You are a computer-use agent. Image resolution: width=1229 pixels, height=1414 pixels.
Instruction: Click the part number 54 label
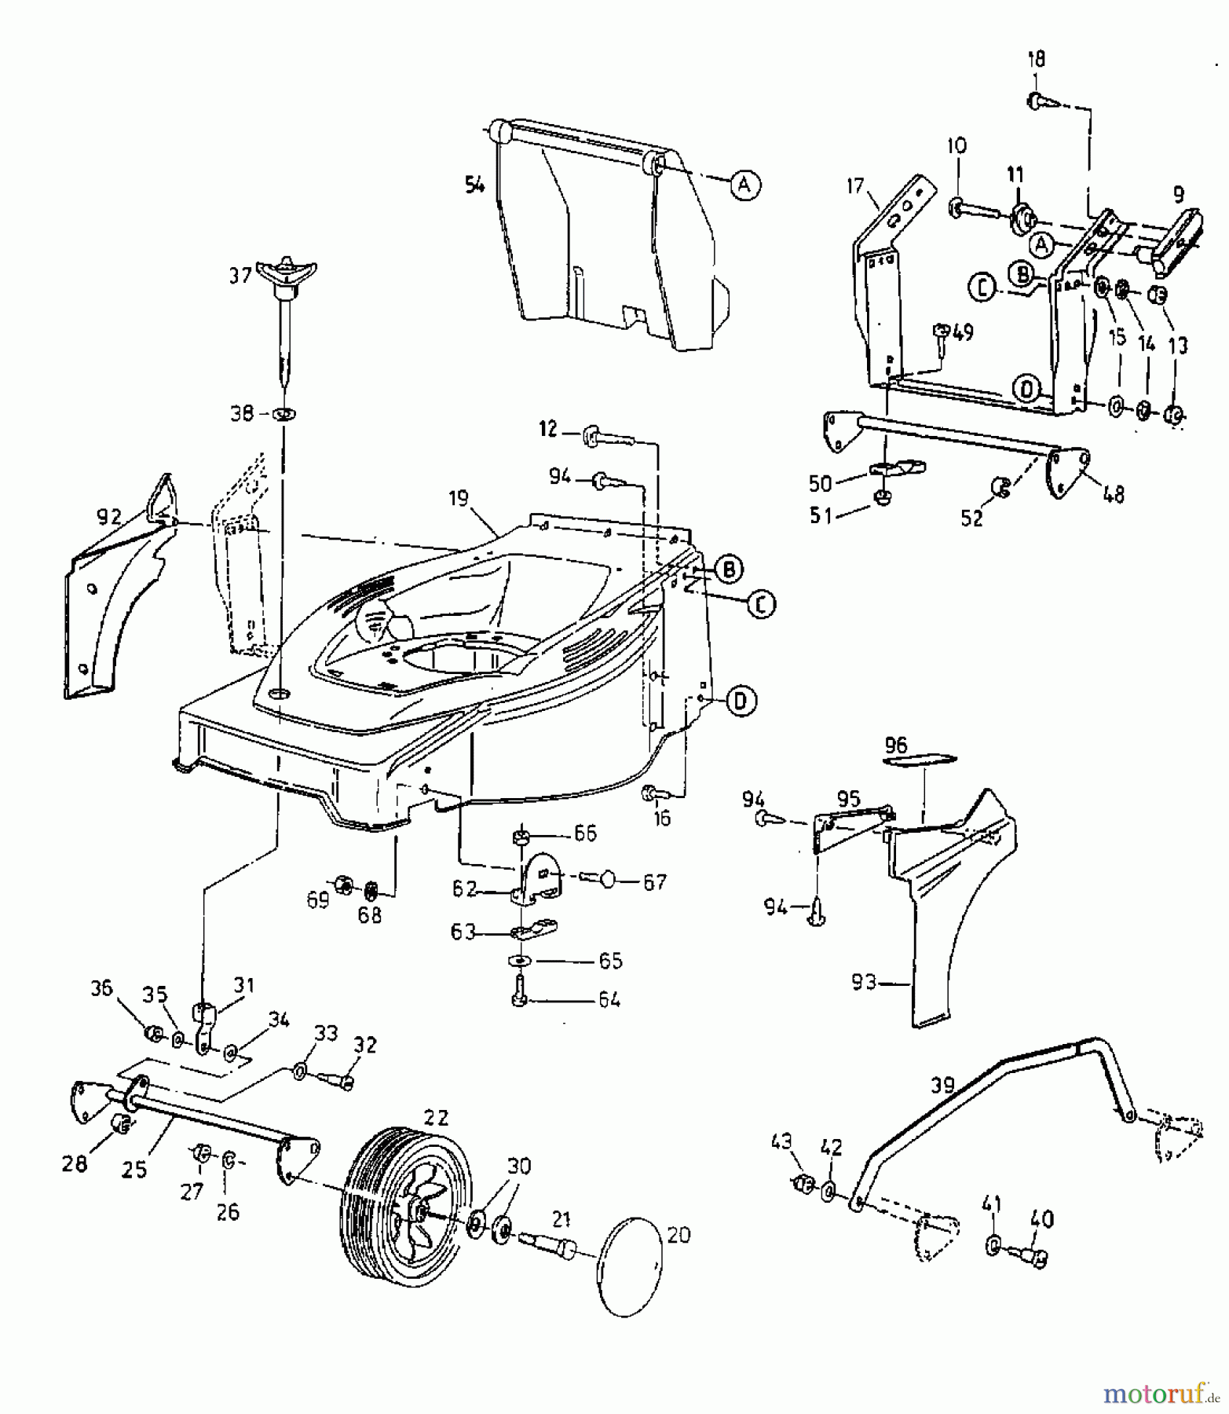tap(475, 186)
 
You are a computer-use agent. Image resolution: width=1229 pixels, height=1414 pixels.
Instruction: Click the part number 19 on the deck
tap(459, 498)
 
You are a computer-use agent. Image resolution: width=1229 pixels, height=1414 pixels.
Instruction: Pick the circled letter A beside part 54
tap(745, 185)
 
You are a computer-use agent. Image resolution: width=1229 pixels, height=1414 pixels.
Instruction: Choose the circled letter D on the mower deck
tap(741, 701)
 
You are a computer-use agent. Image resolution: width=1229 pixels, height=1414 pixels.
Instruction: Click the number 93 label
tap(864, 982)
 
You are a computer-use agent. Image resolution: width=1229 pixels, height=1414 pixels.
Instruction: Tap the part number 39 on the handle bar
tap(942, 1086)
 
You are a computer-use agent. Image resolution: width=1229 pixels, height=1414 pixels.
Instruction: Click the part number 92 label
tap(109, 516)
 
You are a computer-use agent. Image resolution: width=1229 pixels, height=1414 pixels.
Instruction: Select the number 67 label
tap(654, 882)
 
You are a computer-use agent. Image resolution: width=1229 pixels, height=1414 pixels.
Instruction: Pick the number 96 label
tap(896, 744)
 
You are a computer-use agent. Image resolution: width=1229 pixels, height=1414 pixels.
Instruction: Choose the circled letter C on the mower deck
tap(760, 604)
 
